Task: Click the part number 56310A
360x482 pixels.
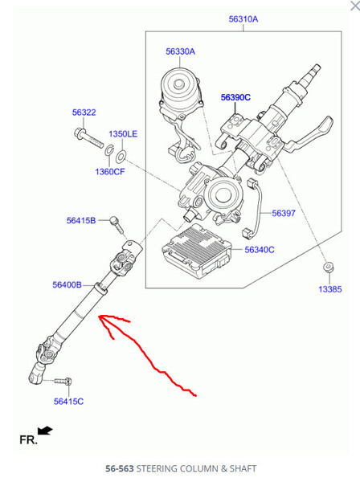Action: click(243, 19)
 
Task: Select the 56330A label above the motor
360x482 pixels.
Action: click(181, 51)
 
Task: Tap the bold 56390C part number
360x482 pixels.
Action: click(235, 97)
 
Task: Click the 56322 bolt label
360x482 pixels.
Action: click(84, 112)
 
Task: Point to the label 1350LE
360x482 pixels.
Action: click(123, 133)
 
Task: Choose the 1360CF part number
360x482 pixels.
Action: click(110, 172)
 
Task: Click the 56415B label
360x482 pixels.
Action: click(81, 220)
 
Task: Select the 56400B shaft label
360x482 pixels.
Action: click(67, 284)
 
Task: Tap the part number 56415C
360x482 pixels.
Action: click(68, 401)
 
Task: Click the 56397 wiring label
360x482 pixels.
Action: click(284, 213)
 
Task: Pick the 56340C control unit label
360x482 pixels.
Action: click(260, 250)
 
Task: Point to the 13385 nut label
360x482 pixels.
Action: click(330, 289)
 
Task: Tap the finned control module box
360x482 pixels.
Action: click(197, 251)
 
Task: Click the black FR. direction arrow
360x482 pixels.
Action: click(45, 431)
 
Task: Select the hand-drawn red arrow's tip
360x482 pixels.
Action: click(99, 317)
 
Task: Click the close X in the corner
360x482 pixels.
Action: click(355, 6)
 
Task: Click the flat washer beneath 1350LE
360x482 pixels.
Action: click(121, 157)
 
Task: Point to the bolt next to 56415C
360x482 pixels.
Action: click(63, 382)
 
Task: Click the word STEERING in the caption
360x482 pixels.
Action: click(157, 468)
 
